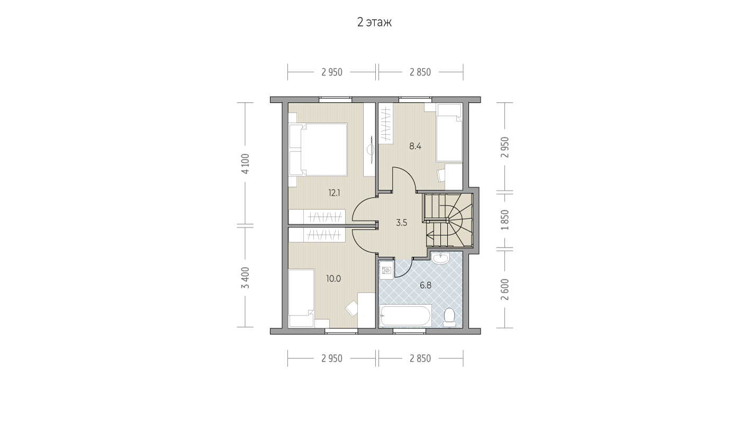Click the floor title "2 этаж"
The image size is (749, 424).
tap(374, 22)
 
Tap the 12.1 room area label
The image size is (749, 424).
tap(334, 193)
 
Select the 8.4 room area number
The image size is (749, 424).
tap(416, 146)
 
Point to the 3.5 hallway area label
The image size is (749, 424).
tap(401, 223)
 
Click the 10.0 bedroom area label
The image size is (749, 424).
tap(333, 279)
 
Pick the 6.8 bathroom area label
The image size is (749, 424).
tap(426, 286)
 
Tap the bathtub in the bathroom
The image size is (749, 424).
tap(406, 315)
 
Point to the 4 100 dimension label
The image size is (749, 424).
tap(246, 164)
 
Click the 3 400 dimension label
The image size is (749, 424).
tap(246, 278)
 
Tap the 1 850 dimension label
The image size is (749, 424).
tap(505, 220)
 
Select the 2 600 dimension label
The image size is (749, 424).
tap(505, 289)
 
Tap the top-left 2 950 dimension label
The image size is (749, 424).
tap(332, 72)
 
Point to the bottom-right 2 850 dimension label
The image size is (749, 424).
tap(420, 359)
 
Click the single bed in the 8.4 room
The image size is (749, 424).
tap(449, 132)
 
